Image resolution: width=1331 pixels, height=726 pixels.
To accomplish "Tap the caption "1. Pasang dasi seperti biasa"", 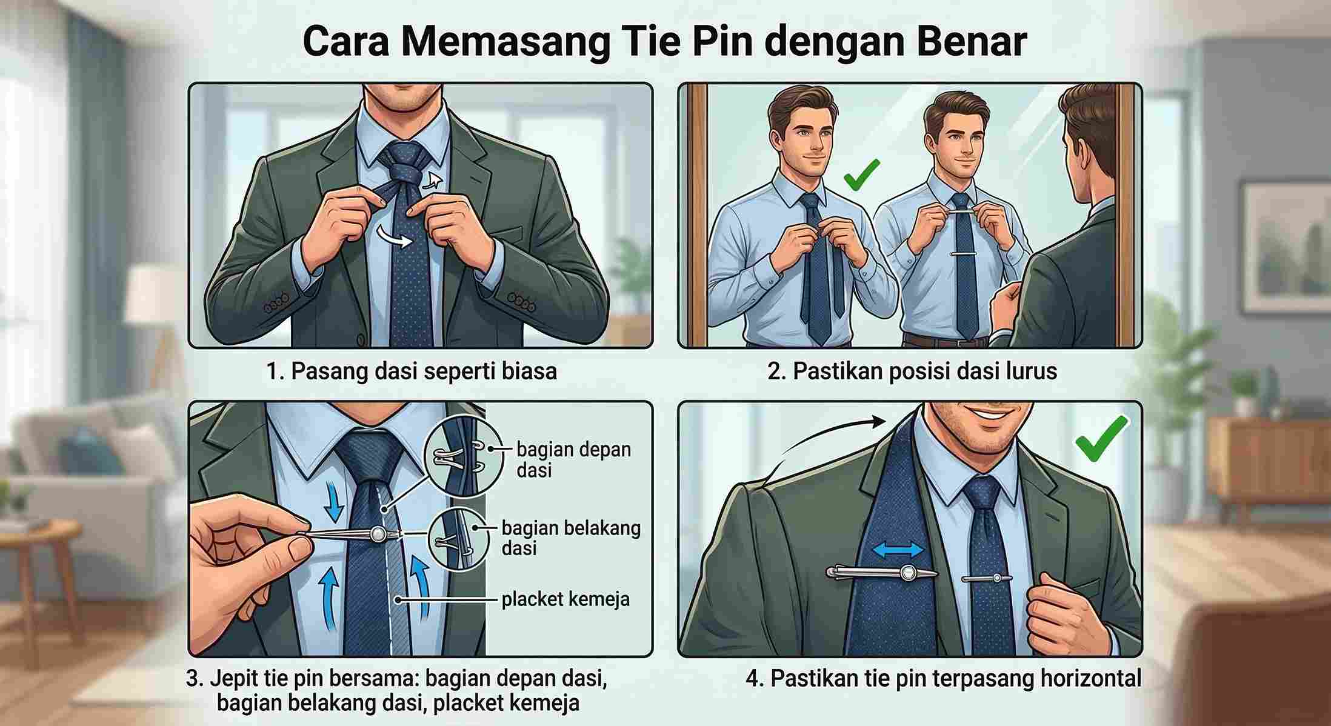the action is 412,371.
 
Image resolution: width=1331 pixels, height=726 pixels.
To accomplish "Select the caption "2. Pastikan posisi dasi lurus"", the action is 912,371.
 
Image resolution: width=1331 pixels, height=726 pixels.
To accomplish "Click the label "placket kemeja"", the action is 565,599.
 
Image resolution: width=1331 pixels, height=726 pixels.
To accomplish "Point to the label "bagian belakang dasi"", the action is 571,538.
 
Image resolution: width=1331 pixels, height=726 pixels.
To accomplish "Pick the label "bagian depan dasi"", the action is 573,459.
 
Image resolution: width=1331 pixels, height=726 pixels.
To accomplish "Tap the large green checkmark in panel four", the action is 1101,438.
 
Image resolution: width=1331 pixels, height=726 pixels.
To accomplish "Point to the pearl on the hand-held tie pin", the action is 378,534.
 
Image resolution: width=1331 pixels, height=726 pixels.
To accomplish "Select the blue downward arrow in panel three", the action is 333,501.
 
